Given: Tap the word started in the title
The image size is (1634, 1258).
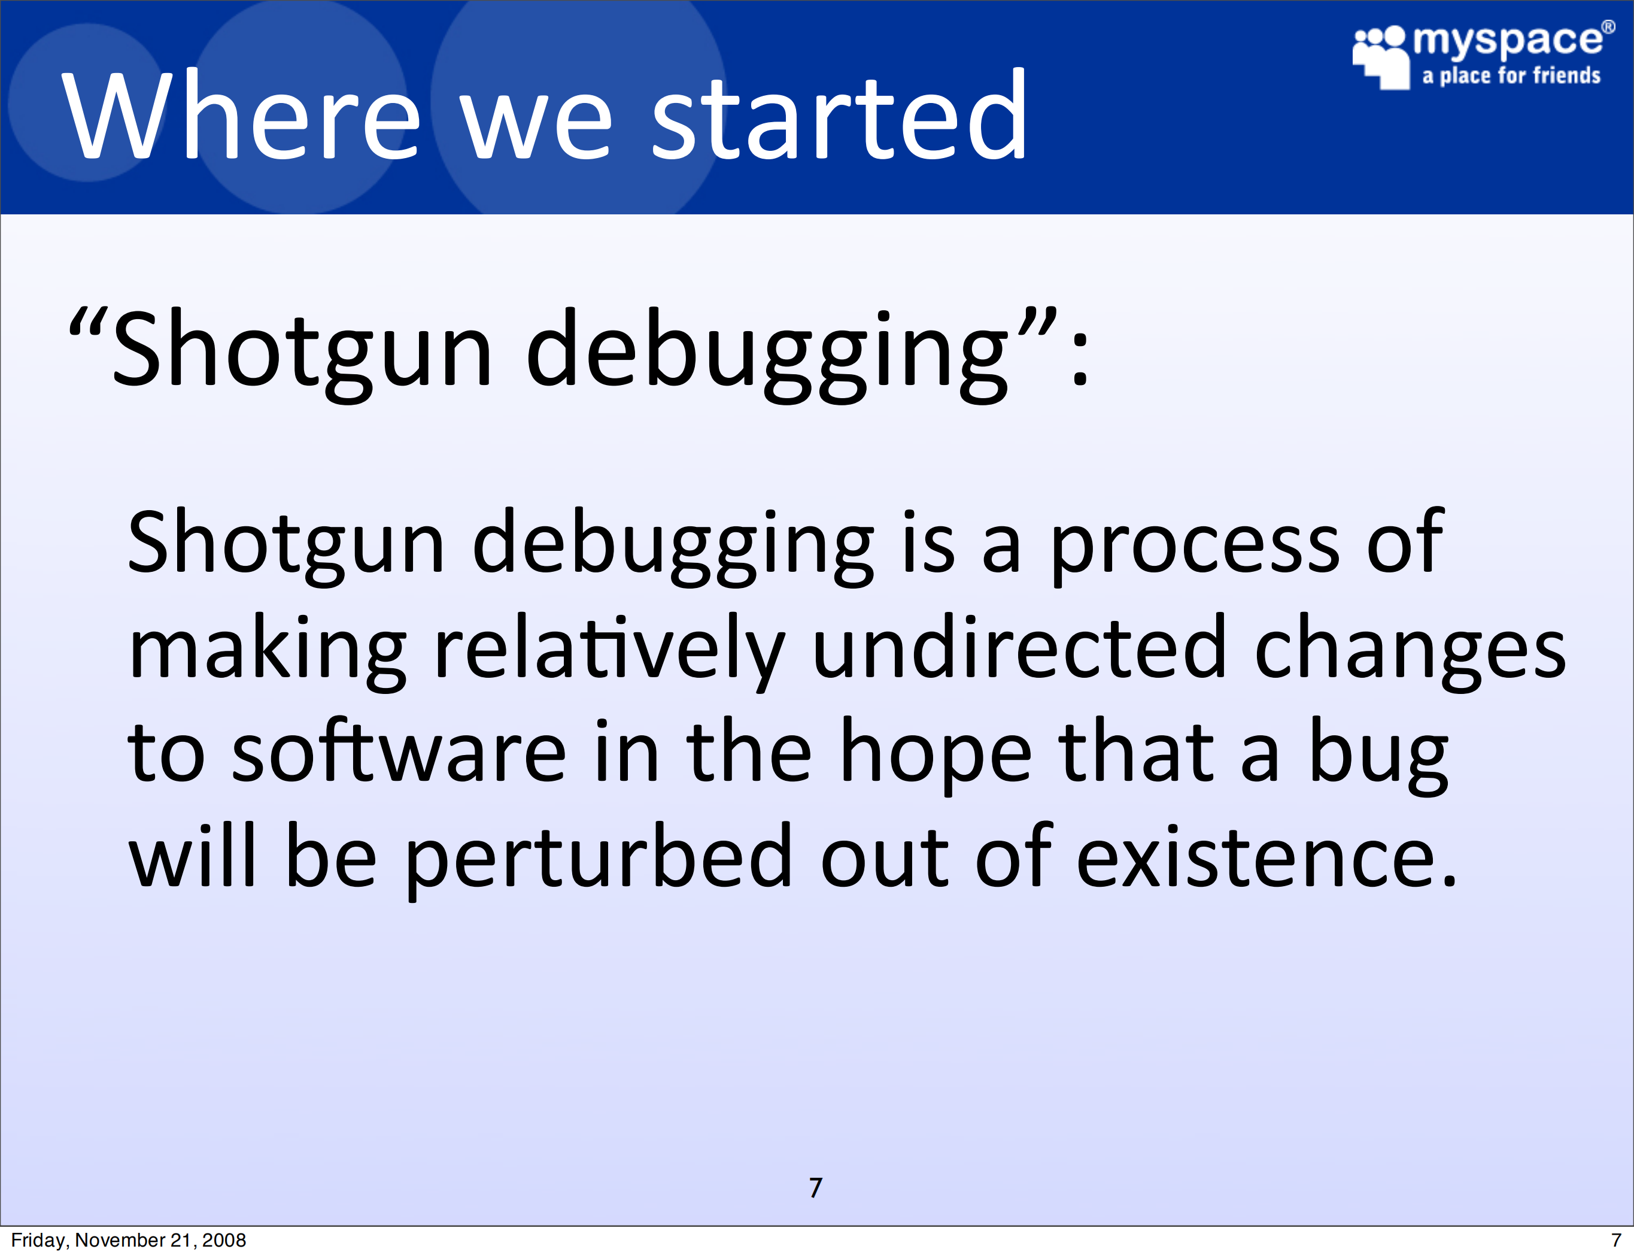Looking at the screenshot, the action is (x=839, y=114).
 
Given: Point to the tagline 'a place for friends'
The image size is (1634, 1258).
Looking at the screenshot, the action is (x=1511, y=75).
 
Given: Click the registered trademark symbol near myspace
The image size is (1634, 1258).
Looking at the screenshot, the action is (x=1608, y=28).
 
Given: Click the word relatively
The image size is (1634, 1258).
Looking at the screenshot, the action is (x=610, y=649).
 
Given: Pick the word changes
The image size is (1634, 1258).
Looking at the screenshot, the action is (x=1410, y=649).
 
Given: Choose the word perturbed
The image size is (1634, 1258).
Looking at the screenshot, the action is (x=598, y=859).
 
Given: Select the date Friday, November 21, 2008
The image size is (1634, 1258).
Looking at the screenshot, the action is (x=129, y=1240).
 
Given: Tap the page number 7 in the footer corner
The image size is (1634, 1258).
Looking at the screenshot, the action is (x=1616, y=1240).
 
